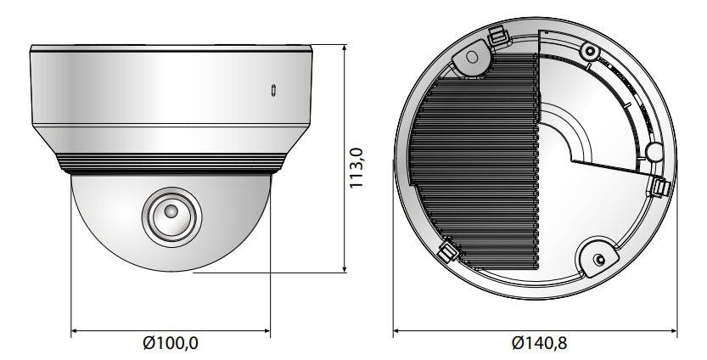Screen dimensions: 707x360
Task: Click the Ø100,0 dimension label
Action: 171,343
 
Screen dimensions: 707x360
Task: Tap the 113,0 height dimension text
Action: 356,168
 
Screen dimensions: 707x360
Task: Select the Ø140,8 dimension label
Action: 539,343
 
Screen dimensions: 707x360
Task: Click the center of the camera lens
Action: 171,211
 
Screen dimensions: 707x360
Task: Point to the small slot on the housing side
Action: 273,90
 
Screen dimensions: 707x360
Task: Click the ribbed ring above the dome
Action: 171,164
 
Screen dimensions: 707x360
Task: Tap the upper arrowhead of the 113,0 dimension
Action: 345,48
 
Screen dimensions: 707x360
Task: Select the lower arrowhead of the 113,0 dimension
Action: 345,269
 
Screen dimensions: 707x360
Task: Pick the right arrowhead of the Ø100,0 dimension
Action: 266,330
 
